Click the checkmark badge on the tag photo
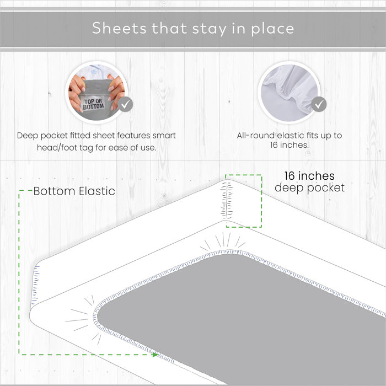pos(126,104)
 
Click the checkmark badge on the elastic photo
pos(318,104)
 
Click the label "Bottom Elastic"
pos(74,191)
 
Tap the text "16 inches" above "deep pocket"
pos(309,176)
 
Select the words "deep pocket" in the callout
pos(309,188)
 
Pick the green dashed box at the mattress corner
pos(243,200)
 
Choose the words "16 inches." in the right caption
pos(289,146)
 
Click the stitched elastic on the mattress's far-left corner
pos(36,284)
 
